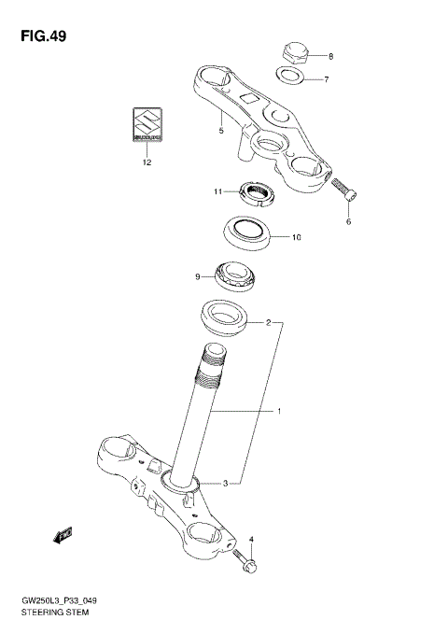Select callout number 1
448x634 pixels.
click(276, 411)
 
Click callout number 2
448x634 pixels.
click(268, 324)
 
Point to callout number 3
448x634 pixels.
click(226, 483)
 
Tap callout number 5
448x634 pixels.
click(220, 132)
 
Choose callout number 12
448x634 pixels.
click(146, 162)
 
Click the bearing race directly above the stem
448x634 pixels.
click(224, 317)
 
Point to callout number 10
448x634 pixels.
click(296, 237)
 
